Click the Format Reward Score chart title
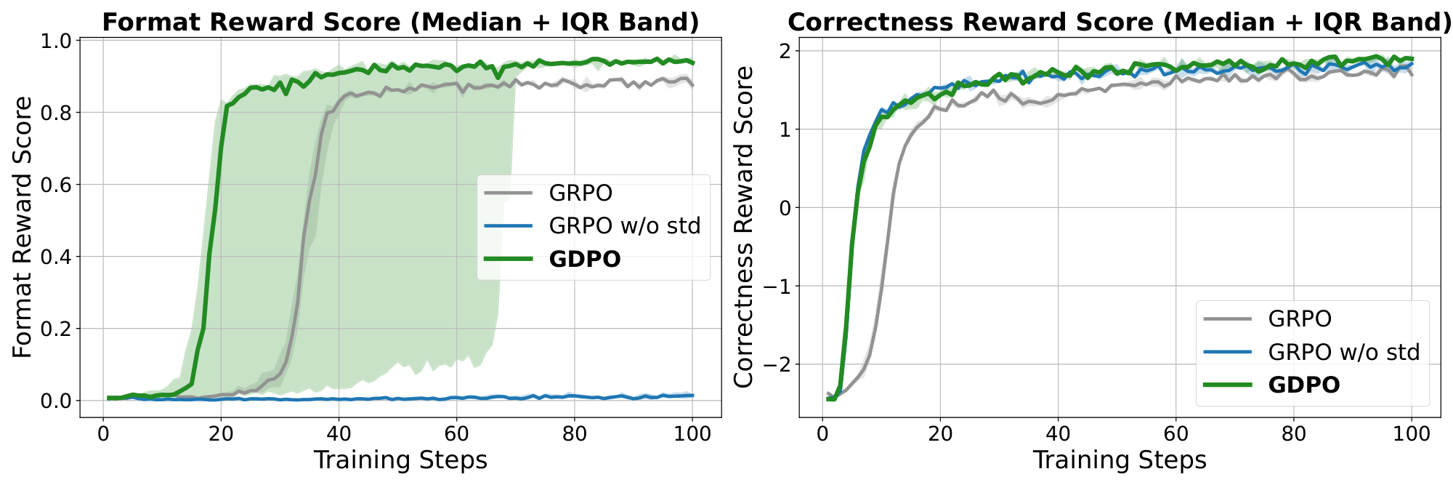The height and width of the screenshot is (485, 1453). click(400, 23)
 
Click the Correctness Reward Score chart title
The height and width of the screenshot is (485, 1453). click(1120, 23)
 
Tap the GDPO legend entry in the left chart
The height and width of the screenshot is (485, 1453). click(585, 259)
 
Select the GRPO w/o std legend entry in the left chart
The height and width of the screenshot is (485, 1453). click(625, 226)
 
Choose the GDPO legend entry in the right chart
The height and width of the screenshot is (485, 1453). click(1303, 385)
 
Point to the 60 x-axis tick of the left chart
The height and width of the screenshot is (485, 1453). click(456, 434)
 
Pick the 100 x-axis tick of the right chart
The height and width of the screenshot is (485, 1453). click(1411, 434)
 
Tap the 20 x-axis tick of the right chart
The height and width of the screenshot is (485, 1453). click(940, 434)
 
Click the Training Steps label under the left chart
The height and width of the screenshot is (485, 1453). click(400, 461)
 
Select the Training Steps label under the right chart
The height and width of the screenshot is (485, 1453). click(1120, 461)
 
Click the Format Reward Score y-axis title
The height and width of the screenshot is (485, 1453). click(23, 227)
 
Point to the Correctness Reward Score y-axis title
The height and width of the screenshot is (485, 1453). click(743, 227)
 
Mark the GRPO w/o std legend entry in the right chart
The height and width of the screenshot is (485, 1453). click(1343, 352)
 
